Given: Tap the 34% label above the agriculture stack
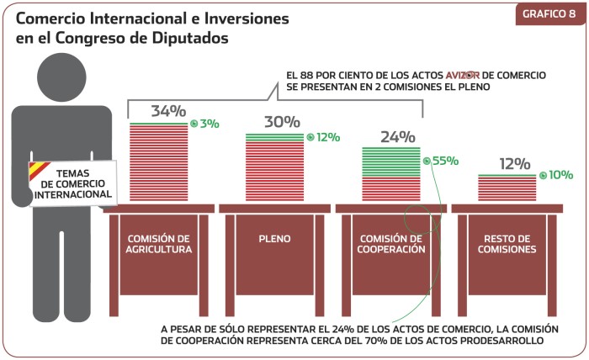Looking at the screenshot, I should tap(168, 111).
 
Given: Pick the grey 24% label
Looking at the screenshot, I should tap(398, 136).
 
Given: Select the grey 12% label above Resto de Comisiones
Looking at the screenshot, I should tap(514, 163).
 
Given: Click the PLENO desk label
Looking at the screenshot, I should tap(275, 239).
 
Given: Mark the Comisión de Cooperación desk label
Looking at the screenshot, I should tap(391, 243).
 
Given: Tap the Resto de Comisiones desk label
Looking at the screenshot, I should tap(508, 243).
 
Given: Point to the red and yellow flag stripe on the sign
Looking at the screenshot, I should tap(38, 172).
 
